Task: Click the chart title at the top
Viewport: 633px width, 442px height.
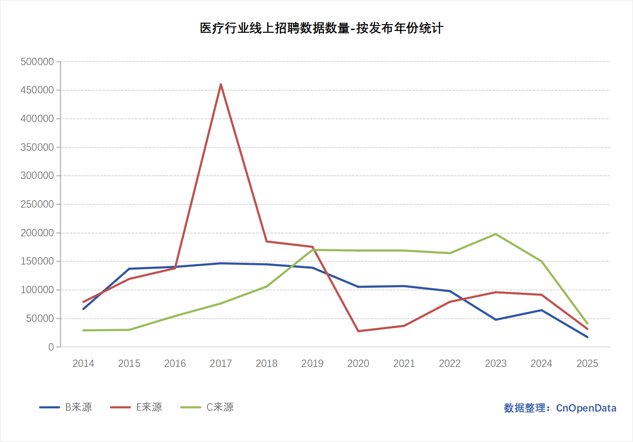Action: point(321,28)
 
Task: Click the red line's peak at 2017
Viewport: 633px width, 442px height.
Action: point(221,84)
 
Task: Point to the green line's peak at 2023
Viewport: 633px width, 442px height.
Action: point(496,234)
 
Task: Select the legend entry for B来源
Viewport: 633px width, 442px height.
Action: point(67,407)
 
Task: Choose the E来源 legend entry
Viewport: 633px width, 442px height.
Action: point(137,407)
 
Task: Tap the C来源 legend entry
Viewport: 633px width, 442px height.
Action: point(208,407)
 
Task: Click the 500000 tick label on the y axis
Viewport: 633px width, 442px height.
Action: point(37,62)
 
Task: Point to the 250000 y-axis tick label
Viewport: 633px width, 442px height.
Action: point(37,204)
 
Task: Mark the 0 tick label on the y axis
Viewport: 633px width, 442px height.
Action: point(51,347)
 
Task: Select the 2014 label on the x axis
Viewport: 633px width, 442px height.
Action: point(83,363)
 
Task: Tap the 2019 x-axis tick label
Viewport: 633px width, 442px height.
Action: point(313,363)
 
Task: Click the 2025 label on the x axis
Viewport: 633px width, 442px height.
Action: point(587,363)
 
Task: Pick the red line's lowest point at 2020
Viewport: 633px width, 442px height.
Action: point(358,331)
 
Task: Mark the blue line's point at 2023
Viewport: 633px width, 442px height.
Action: point(496,320)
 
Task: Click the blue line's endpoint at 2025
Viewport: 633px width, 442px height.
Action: point(587,337)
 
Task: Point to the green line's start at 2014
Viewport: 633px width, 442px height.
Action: point(83,330)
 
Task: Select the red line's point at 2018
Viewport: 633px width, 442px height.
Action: point(267,241)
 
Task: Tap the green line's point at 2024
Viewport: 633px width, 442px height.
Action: point(541,261)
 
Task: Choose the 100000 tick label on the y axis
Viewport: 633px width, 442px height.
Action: point(37,290)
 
